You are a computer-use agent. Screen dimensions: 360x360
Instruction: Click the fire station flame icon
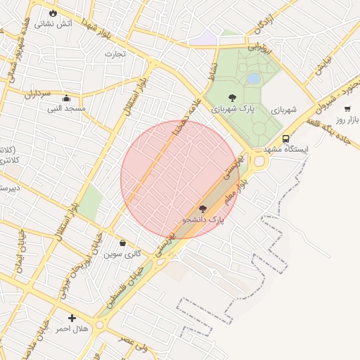(53, 13)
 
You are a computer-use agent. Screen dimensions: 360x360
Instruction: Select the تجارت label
(115, 53)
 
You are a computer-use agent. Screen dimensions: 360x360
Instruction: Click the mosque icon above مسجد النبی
(66, 98)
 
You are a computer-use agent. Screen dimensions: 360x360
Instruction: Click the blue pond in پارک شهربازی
(252, 79)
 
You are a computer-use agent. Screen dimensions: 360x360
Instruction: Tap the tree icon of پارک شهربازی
(233, 98)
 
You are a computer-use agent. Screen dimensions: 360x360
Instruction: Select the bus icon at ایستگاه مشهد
(285, 139)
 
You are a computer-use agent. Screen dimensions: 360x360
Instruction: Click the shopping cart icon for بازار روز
(347, 108)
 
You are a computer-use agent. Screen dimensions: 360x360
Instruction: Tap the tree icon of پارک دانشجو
(203, 208)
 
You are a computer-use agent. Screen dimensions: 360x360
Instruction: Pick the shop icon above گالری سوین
(123, 243)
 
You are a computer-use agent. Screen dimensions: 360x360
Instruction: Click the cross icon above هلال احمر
(72, 319)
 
